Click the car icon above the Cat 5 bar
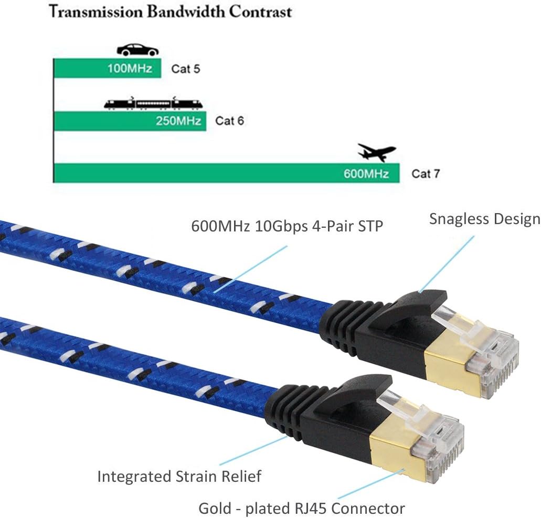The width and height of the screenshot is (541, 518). point(137,50)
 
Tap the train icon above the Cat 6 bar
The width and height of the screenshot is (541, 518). point(153,103)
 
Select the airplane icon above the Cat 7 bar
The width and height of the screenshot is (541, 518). point(376,152)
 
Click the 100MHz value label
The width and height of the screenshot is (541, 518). point(130,69)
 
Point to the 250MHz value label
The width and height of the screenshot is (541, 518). point(178,121)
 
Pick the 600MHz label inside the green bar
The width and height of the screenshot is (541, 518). point(366,173)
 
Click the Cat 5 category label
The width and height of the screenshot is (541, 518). point(185,69)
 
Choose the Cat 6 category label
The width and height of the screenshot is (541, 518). point(229,121)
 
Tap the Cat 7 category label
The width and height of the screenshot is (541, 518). point(425,174)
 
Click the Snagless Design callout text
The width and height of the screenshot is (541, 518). point(484,219)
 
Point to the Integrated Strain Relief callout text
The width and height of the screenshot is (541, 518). point(179,477)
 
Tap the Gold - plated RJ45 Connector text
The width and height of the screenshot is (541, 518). point(301,508)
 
